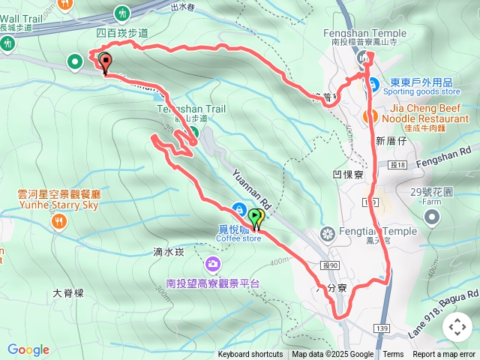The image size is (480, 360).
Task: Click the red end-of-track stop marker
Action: [x=105, y=62]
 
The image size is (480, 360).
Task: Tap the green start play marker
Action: [x=256, y=218]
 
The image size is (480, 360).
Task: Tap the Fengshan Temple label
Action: [x=364, y=33]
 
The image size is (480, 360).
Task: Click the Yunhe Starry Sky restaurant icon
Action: [x=58, y=222]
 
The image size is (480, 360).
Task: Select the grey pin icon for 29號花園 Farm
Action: [x=432, y=217]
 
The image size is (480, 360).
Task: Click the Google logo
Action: [x=28, y=349]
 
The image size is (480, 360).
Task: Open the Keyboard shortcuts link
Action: [x=250, y=355]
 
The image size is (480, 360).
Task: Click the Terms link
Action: [x=393, y=355]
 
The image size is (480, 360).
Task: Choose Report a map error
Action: [x=443, y=355]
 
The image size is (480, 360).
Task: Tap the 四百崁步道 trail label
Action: [x=122, y=33]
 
